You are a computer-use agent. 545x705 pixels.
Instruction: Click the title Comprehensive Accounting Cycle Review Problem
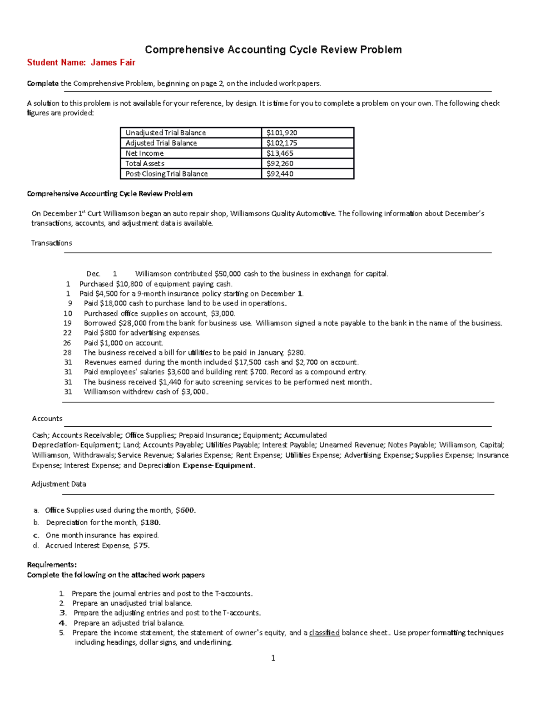pos(273,49)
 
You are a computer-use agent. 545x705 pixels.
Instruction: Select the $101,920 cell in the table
pos(282,133)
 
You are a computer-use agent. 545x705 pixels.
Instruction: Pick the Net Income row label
pos(144,153)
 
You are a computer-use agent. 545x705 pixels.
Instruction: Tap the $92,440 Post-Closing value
pos(280,174)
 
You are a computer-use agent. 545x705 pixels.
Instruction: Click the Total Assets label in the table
pos(145,163)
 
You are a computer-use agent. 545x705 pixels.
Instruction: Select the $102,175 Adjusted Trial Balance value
pos(282,143)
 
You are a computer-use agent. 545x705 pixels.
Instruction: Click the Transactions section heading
pos(51,243)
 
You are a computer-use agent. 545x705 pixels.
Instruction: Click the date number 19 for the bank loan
pos(68,323)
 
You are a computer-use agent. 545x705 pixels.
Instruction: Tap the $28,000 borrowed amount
pos(132,323)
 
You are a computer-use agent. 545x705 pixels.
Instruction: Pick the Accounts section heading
pos(47,419)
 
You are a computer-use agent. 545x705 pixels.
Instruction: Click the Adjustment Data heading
pos(59,484)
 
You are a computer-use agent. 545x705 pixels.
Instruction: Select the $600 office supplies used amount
pos(185,510)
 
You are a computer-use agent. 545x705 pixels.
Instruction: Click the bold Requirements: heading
pos(52,565)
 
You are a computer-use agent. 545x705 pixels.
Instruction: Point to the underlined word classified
pos(324,633)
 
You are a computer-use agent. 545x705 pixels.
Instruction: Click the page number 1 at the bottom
pos(273,658)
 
